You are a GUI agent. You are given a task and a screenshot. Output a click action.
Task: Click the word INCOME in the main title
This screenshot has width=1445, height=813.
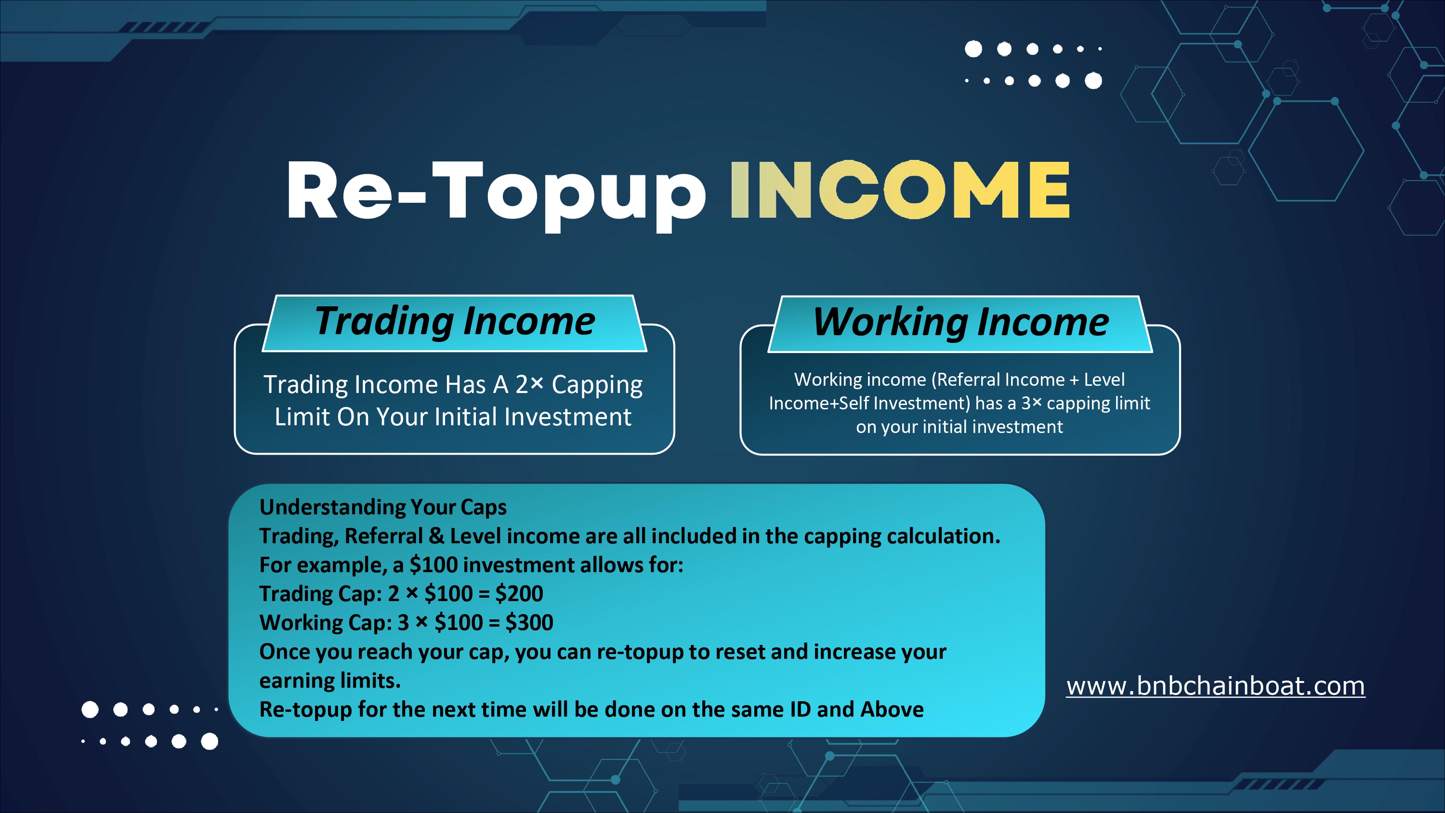900,190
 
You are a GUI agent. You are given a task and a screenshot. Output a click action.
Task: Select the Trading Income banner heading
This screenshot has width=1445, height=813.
455,322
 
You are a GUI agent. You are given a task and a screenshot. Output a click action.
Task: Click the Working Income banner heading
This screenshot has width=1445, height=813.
961,323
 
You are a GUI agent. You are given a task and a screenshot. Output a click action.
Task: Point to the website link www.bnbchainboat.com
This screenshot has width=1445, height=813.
1216,686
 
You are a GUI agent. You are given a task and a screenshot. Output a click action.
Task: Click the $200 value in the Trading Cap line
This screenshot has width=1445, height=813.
519,594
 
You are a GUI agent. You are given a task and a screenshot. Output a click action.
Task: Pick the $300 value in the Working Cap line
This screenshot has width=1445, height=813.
529,622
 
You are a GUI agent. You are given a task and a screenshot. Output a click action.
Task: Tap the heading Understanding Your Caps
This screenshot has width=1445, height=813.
383,507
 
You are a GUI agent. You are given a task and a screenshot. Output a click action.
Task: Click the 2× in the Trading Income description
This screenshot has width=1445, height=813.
529,384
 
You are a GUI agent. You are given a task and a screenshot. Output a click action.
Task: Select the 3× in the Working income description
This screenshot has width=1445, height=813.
1031,403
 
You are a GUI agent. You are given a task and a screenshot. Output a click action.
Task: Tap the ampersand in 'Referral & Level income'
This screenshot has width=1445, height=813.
436,537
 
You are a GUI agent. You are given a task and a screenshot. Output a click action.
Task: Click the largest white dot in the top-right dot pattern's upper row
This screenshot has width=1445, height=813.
973,49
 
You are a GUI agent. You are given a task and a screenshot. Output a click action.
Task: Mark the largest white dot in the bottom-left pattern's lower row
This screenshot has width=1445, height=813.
210,741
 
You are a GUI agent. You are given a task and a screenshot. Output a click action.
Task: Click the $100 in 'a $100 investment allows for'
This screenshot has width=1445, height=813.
433,565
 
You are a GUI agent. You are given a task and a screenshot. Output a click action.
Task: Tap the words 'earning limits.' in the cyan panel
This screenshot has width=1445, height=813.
330,681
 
